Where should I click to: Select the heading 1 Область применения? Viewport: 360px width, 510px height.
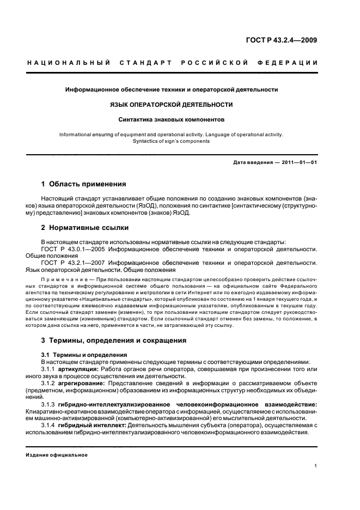coord(83,184)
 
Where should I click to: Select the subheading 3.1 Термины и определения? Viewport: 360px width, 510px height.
coord(80,355)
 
